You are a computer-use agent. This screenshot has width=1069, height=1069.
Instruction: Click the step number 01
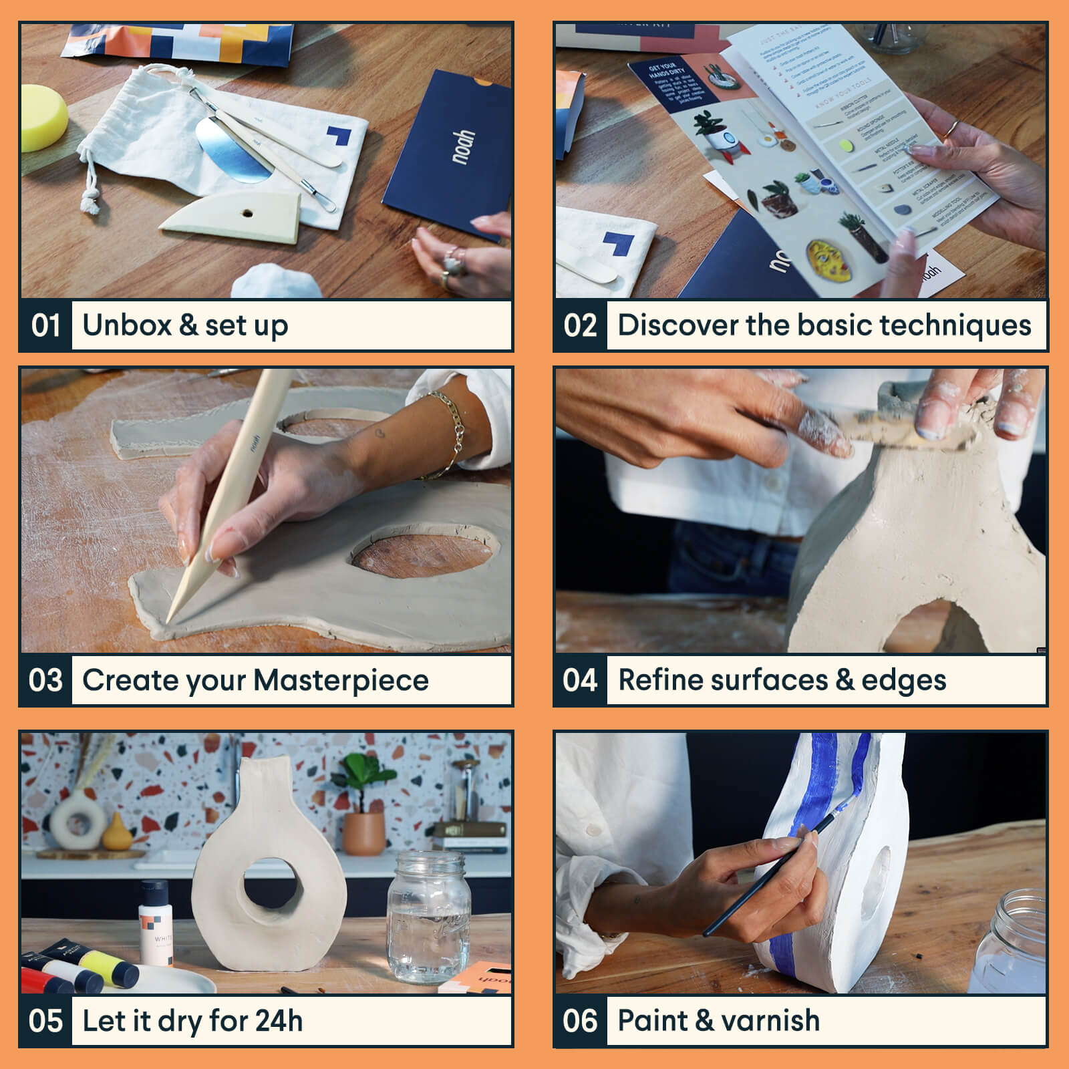click(45, 325)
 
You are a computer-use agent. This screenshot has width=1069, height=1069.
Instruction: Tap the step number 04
click(580, 680)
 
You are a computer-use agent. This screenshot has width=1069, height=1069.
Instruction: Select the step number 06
click(580, 1021)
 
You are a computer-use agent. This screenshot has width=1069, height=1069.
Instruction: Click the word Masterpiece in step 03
click(341, 680)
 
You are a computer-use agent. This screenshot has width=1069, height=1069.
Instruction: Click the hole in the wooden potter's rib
click(248, 214)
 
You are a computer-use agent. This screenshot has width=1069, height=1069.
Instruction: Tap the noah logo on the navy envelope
click(462, 147)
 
